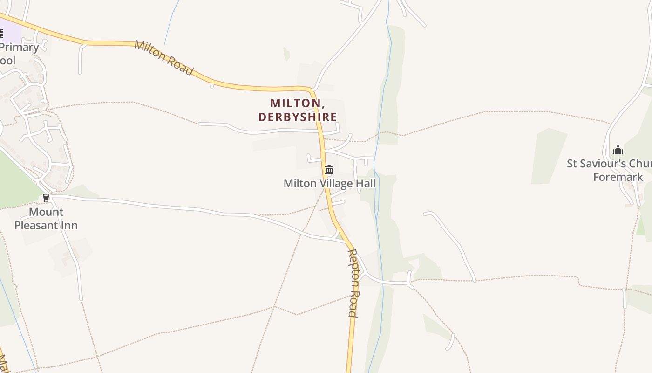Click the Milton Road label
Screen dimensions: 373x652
click(163, 58)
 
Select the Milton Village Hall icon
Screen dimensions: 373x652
click(329, 169)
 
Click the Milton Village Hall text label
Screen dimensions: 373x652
click(329, 183)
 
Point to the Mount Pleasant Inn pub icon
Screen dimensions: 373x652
click(46, 198)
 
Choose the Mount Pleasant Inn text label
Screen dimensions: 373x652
click(46, 219)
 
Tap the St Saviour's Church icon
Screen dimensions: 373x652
click(618, 150)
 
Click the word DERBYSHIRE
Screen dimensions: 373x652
click(298, 117)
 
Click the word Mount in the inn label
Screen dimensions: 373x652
click(46, 212)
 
